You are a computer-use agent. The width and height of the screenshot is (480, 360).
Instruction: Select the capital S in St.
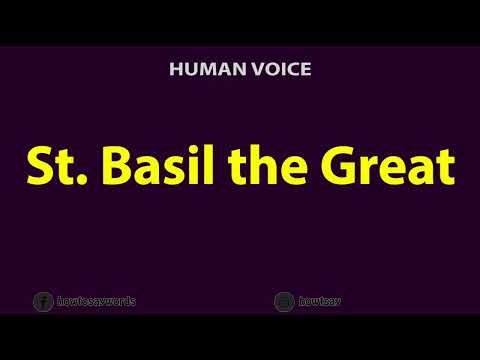(37, 166)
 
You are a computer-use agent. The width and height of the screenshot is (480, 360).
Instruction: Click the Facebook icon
(43, 301)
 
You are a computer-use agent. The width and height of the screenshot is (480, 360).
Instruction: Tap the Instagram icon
(284, 301)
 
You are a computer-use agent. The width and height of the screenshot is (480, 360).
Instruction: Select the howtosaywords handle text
(97, 301)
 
